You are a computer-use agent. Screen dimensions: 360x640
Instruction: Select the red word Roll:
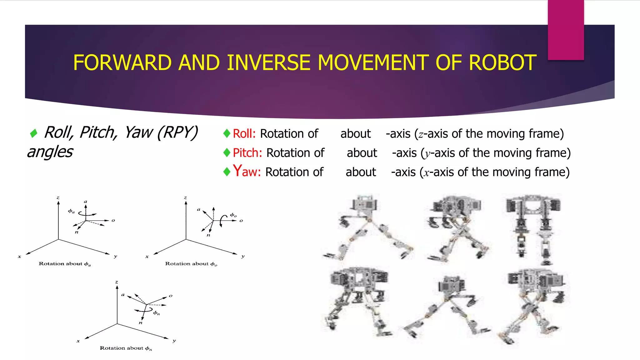[x=244, y=134]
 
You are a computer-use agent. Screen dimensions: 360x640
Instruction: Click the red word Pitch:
[x=247, y=153]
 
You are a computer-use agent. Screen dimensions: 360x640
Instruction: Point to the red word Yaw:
[x=247, y=172]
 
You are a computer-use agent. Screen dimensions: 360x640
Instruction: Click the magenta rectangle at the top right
[x=566, y=30]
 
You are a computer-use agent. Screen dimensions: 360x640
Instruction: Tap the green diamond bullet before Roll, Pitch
[x=33, y=133]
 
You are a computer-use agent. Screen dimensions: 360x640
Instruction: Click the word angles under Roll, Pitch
[x=50, y=152]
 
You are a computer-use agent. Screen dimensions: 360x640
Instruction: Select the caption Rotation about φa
[x=64, y=264]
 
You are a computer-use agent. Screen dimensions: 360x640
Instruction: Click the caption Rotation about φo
[x=191, y=264]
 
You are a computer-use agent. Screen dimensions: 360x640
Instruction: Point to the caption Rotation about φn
[x=126, y=348]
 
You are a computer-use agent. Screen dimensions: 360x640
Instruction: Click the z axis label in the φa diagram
[x=58, y=197]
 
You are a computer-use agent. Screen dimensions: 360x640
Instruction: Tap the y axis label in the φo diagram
[x=243, y=256]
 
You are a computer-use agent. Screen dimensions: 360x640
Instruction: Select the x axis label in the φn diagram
[x=78, y=341]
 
